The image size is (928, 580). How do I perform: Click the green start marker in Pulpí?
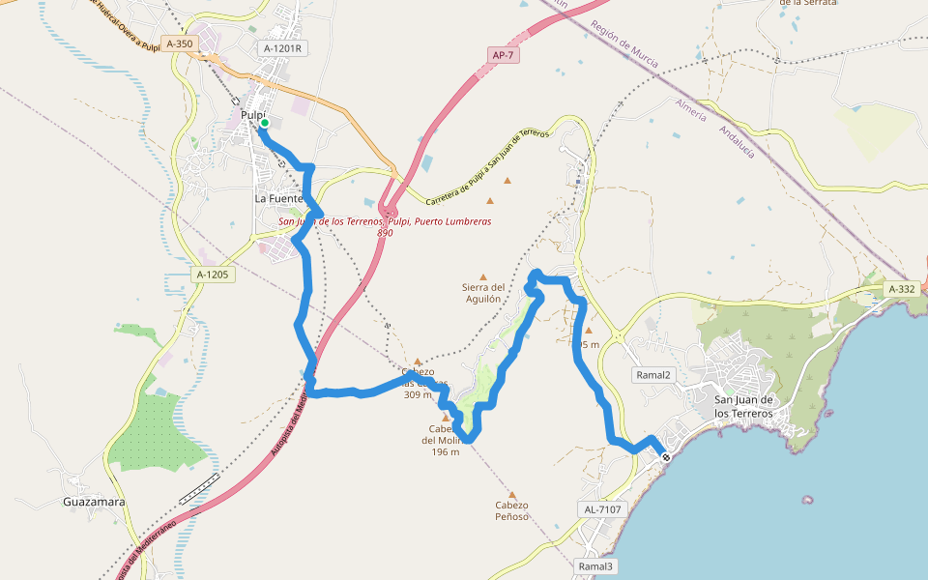coord(264,123)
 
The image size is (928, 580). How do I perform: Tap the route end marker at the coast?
coord(666,457)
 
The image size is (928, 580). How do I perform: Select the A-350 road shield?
coord(180,43)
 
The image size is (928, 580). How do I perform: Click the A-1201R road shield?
coord(282,47)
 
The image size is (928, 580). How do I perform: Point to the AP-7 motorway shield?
coord(504,55)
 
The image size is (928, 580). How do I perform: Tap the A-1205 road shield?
coord(212,275)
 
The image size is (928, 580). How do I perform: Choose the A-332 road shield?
coord(901,289)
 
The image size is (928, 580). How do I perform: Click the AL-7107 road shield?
coord(602,508)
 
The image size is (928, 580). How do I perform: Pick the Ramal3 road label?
coord(595,565)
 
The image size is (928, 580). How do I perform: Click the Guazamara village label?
coord(95,502)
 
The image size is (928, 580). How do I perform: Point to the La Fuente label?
coord(278,198)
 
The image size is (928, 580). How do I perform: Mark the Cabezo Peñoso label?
coord(511,510)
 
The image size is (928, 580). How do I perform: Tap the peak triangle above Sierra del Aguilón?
coord(483,277)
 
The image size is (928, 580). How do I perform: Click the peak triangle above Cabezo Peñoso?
coord(512,495)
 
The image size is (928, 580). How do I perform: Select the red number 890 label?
coord(385,233)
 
